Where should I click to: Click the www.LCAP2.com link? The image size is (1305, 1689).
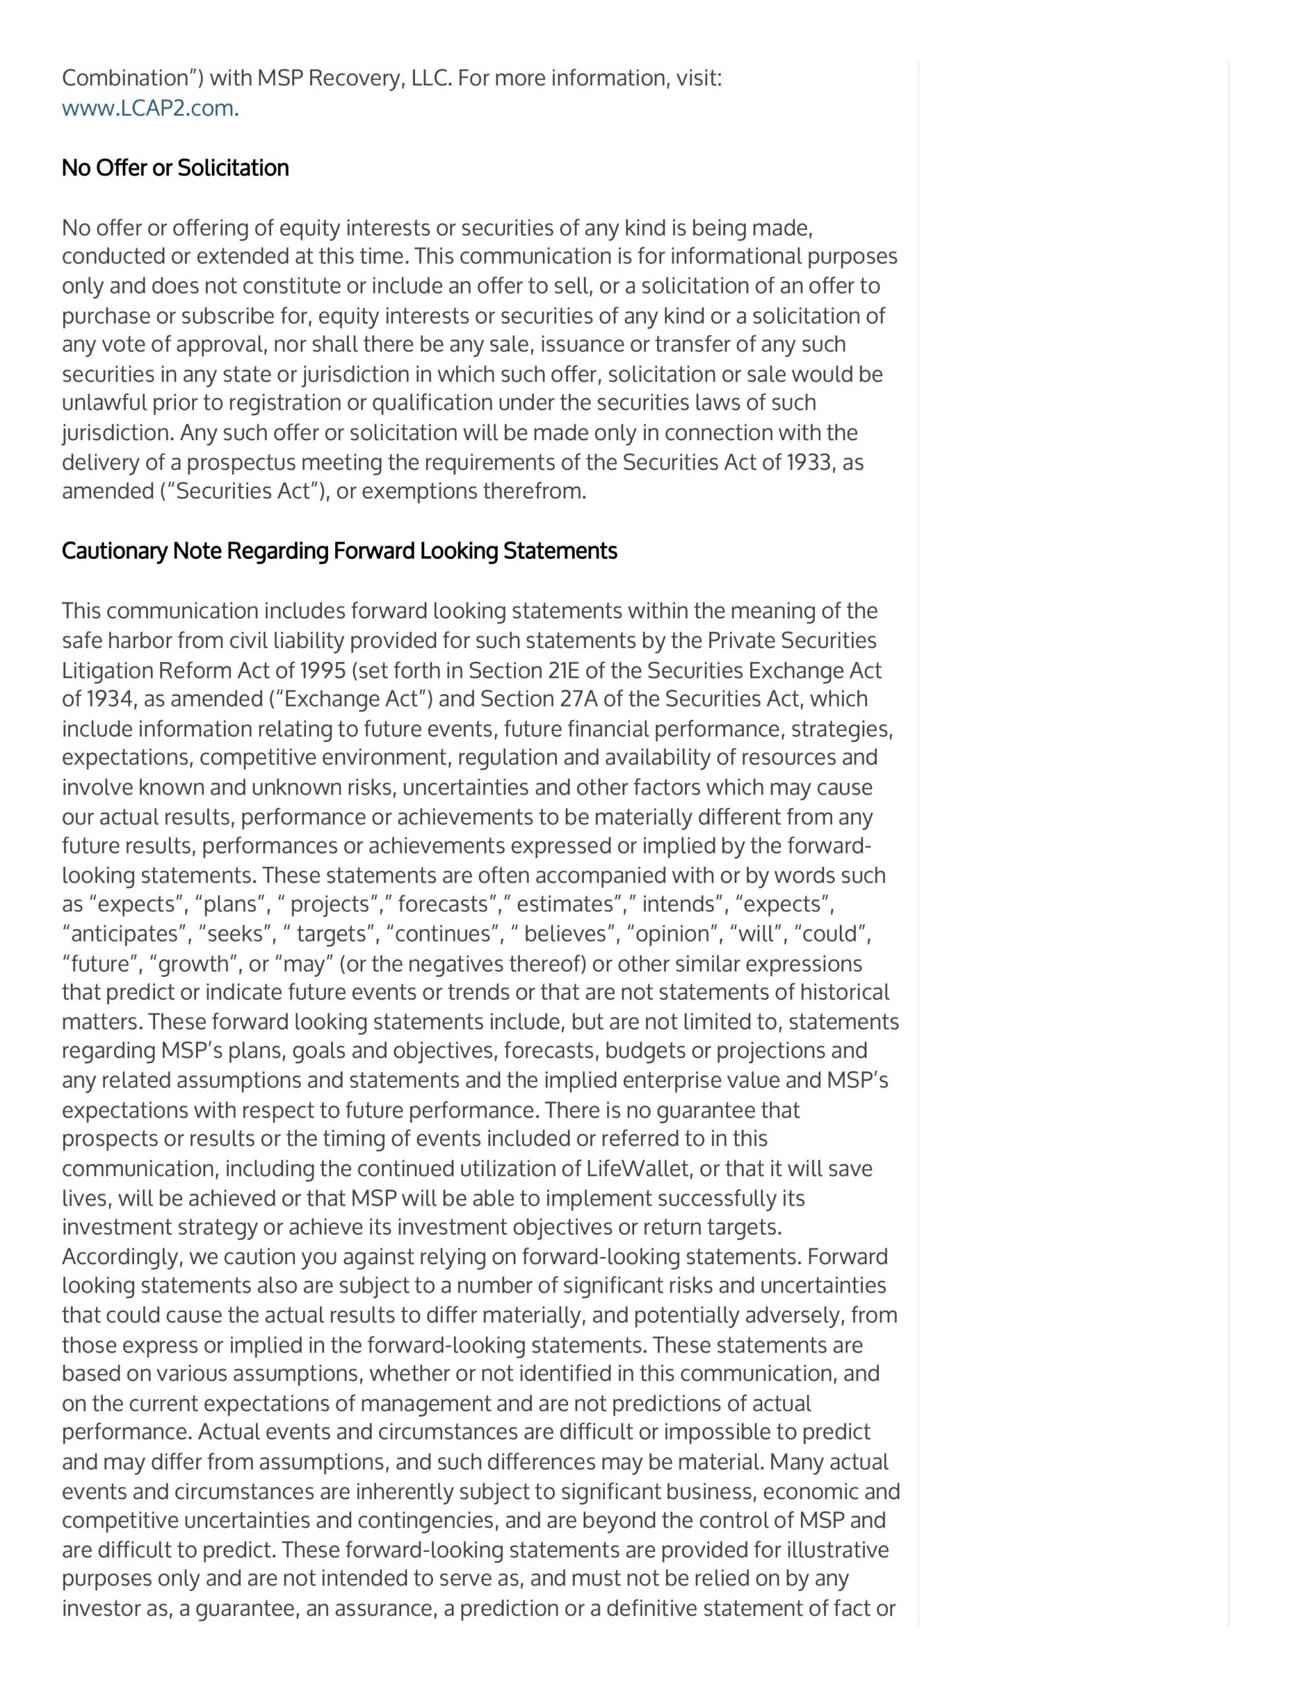point(147,108)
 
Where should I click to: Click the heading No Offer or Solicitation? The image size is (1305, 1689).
point(175,168)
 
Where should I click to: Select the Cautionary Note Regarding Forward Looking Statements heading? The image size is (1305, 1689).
point(339,551)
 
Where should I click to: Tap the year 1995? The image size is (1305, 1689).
point(323,670)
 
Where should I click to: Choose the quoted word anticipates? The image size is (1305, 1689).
point(126,934)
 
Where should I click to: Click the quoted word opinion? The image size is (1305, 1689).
point(672,934)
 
